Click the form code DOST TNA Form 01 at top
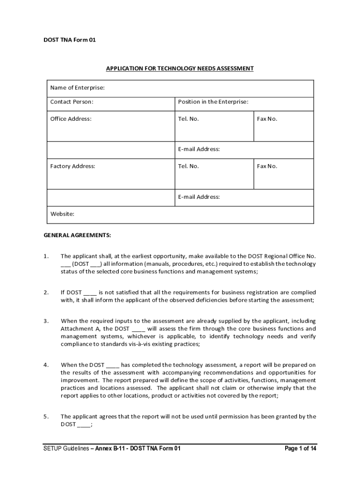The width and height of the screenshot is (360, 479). [x=69, y=40]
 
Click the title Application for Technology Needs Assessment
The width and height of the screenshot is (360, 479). [x=180, y=69]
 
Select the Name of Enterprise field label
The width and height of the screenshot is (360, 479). [x=77, y=88]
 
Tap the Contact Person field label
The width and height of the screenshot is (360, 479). [x=72, y=102]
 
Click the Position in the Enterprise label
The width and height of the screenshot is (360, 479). [x=213, y=102]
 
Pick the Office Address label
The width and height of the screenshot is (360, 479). [x=71, y=119]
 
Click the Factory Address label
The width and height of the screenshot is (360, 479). [x=72, y=166]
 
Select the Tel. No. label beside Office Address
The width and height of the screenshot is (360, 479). [x=188, y=119]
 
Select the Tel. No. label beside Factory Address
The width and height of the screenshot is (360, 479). [x=188, y=166]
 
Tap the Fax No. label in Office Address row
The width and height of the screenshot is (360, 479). [x=267, y=119]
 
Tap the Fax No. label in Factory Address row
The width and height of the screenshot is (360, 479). [x=267, y=166]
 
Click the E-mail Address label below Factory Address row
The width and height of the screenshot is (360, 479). [x=199, y=197]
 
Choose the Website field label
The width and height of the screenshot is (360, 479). [x=62, y=214]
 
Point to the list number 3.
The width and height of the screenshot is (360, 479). [x=46, y=321]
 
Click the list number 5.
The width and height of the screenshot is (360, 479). [x=46, y=416]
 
